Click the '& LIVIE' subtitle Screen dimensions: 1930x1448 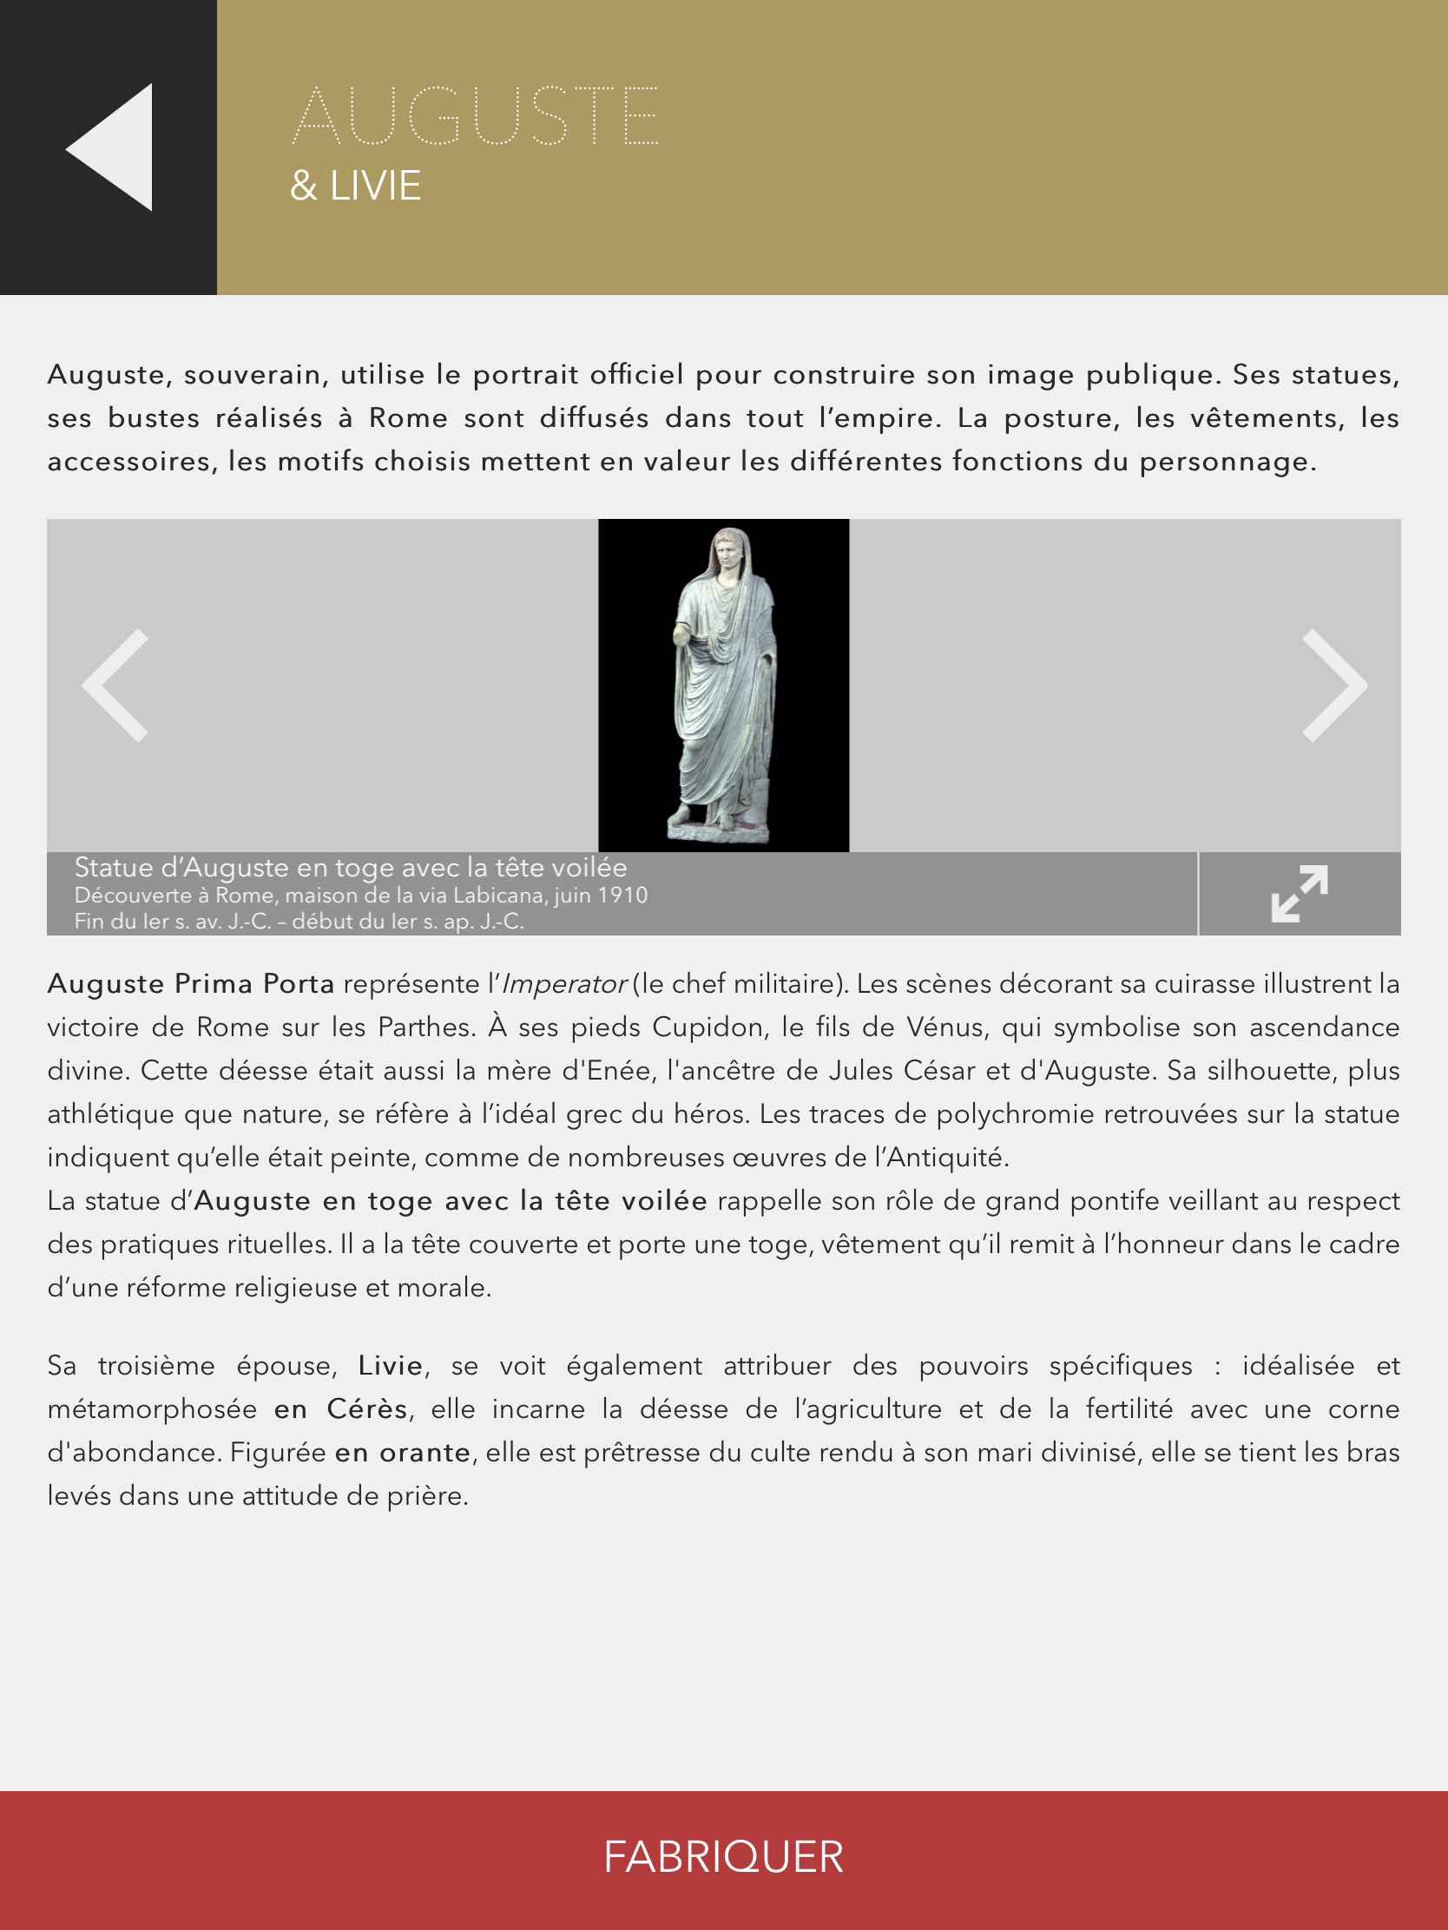coord(355,186)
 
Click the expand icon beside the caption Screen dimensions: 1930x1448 coord(1299,894)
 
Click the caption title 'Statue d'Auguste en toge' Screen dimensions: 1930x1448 coord(349,867)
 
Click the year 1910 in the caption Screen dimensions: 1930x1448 coord(622,896)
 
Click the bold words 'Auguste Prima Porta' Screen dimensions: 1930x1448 coord(190,984)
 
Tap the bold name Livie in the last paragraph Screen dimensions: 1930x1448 coord(390,1365)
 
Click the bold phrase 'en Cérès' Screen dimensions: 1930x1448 coord(340,1409)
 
